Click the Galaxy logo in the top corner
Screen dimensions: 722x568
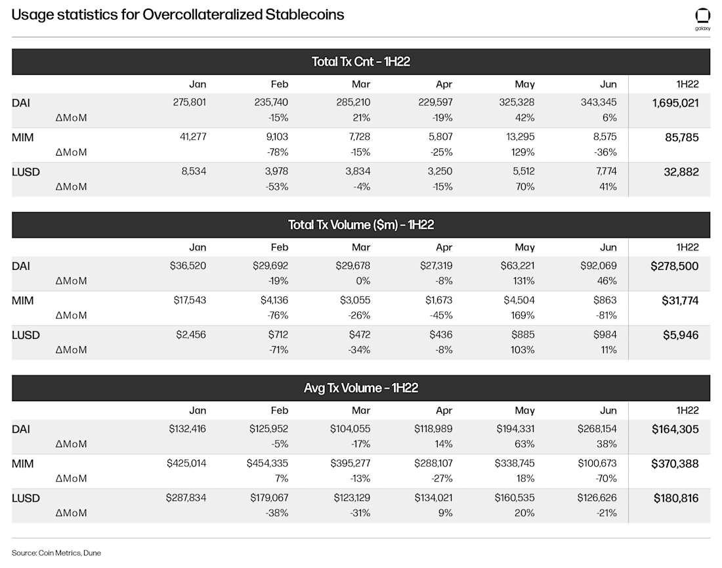(x=702, y=19)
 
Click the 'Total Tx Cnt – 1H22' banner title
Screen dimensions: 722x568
(x=360, y=62)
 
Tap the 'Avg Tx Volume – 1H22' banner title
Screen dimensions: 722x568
(x=360, y=388)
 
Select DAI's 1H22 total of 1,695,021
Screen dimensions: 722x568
(x=675, y=102)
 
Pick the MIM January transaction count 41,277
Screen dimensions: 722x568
(x=193, y=137)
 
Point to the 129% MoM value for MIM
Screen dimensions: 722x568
(x=522, y=152)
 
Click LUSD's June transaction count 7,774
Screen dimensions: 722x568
(x=606, y=171)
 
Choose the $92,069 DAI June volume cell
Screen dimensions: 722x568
(x=598, y=266)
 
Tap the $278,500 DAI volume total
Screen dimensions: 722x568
(x=675, y=266)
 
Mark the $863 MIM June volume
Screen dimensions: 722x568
(x=605, y=300)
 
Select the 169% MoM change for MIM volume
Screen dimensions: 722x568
(x=522, y=316)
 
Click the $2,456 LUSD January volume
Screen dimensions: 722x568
(x=190, y=335)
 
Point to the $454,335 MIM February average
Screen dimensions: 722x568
(x=267, y=464)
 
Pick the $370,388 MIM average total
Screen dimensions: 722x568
(x=675, y=464)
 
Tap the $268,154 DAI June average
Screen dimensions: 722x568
(x=597, y=429)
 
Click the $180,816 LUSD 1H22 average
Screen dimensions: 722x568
(x=676, y=498)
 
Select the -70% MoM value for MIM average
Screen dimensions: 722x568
(x=606, y=479)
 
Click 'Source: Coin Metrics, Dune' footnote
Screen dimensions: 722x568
(x=56, y=553)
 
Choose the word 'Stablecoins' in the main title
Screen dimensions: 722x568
(x=305, y=14)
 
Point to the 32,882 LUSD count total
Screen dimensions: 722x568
(x=681, y=172)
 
